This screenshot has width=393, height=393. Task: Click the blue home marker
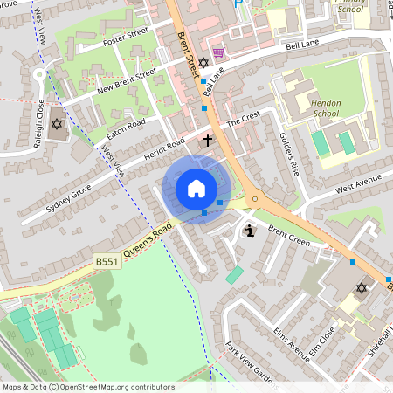(196, 189)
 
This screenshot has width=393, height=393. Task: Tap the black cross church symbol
(208, 139)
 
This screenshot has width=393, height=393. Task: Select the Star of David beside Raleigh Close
(58, 124)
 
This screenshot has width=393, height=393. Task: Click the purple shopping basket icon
(217, 52)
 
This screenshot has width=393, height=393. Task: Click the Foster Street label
(126, 37)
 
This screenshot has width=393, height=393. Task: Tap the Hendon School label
(325, 107)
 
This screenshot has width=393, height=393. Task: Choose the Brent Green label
(289, 233)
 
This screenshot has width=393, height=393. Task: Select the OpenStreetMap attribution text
(87, 387)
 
